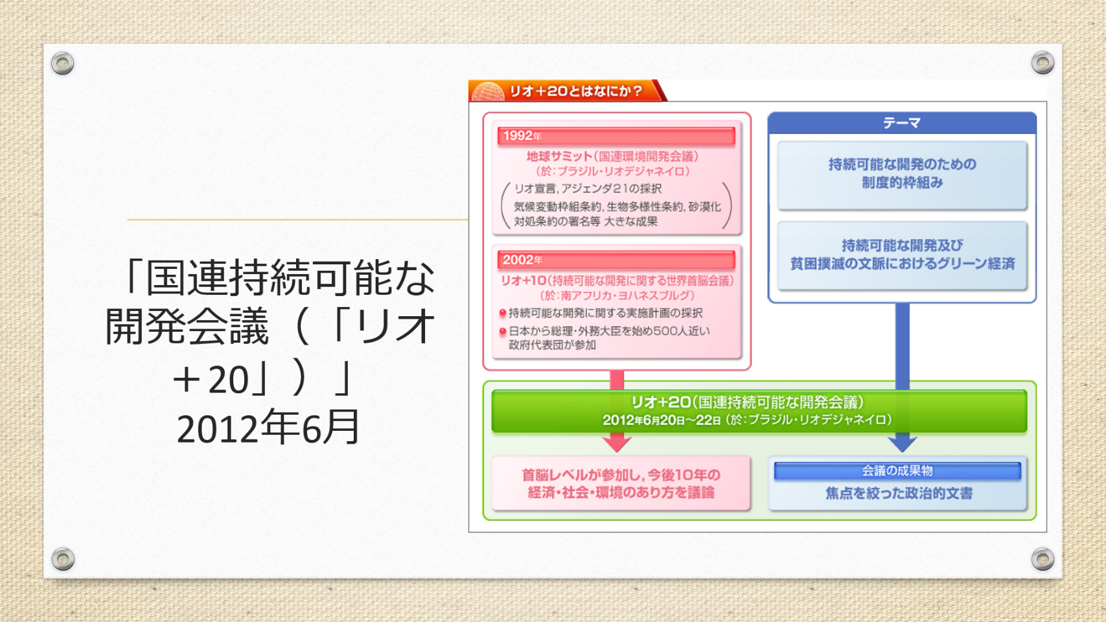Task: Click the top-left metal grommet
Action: [63, 63]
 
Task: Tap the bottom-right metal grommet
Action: [1043, 559]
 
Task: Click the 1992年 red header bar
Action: [616, 136]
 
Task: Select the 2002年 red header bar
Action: [616, 260]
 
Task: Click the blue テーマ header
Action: [902, 123]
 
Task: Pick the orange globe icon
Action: [488, 92]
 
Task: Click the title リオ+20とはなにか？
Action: [576, 91]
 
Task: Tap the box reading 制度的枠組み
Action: [902, 175]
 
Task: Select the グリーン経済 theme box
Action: [902, 255]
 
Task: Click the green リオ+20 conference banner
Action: [759, 411]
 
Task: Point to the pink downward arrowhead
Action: [617, 443]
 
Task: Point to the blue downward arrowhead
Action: [903, 443]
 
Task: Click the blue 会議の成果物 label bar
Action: [897, 471]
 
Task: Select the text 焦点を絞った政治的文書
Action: [899, 493]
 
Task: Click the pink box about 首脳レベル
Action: [621, 483]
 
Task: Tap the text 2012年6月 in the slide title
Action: [268, 428]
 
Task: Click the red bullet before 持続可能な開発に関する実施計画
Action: [503, 313]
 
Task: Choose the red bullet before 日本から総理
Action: [503, 331]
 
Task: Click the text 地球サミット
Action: [559, 157]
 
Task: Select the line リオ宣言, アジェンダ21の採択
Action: [588, 189]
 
